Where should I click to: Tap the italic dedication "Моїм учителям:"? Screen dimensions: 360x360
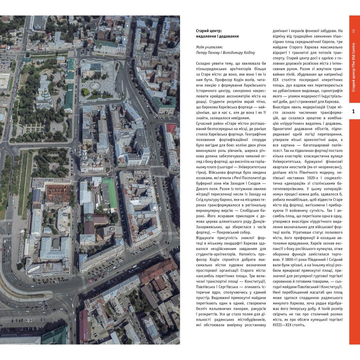tap(209, 47)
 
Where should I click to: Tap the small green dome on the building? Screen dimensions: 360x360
tap(90, 217)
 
